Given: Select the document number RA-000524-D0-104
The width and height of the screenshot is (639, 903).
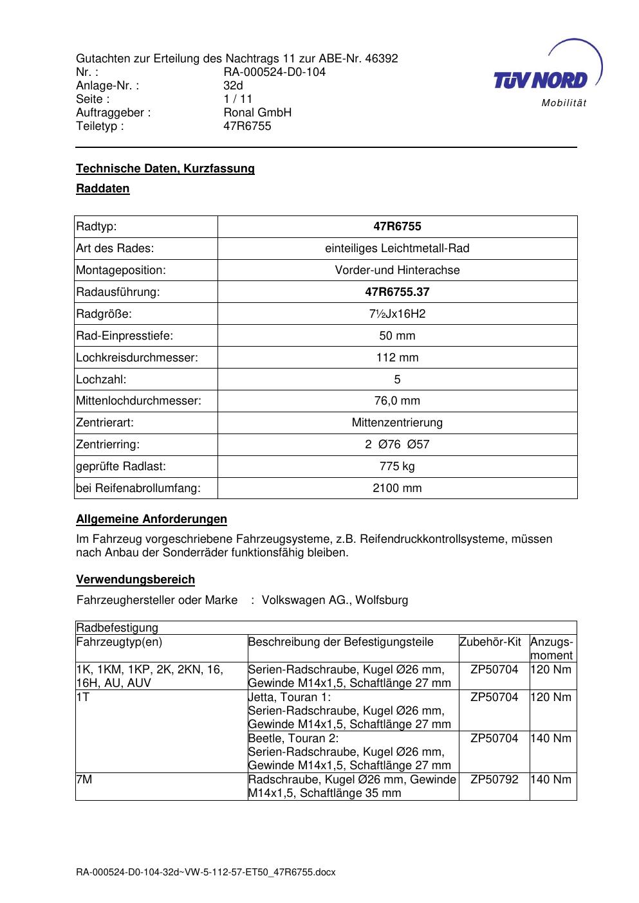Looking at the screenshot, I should coord(274,72).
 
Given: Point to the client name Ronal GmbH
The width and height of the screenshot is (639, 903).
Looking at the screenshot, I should coord(257,113).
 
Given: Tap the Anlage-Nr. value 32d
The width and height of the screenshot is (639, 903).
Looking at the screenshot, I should coord(233,86).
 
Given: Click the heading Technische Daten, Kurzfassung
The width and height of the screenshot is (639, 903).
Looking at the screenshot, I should coord(165,169).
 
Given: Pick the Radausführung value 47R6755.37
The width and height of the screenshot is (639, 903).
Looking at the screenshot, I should coord(397,292).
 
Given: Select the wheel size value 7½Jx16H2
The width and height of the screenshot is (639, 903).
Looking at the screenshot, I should coord(397,314).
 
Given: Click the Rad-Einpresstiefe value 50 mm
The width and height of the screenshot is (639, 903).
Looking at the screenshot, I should coord(397,336).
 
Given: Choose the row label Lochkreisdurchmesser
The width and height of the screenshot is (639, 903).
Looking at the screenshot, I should coord(136,358).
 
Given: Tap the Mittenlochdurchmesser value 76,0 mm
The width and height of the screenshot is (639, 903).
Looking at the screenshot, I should coord(397,401).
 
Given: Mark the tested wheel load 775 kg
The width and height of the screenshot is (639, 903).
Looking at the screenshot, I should coord(397,466).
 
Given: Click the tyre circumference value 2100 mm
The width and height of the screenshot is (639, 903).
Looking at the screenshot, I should coord(397,488).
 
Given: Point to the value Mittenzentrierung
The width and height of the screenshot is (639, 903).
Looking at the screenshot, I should coord(397,423).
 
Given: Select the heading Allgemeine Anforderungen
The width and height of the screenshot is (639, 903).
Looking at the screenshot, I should coord(151,519).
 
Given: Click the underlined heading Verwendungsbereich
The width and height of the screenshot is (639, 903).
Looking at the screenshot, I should coord(135,579).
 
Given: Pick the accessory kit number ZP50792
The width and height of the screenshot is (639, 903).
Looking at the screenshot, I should coord(494,780).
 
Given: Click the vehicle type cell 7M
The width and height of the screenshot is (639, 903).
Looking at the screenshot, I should coord(84,780).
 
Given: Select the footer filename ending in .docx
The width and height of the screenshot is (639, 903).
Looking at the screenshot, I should coord(206,873).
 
